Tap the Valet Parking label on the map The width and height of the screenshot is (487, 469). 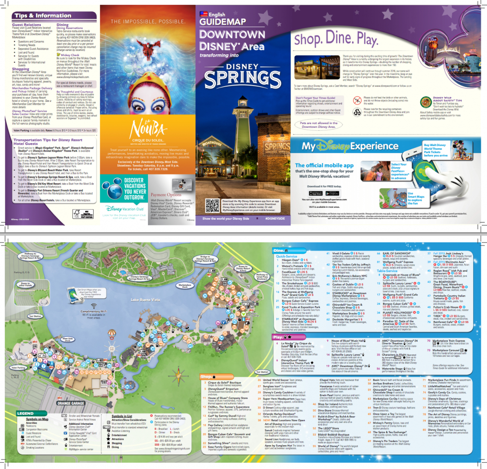click(19, 368)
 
